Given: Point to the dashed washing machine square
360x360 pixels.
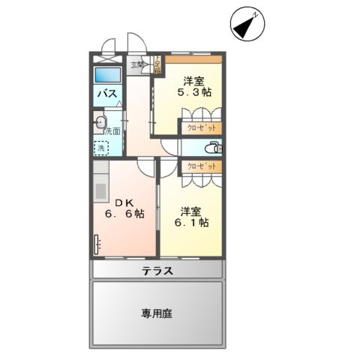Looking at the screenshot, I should pyautogui.click(x=100, y=148).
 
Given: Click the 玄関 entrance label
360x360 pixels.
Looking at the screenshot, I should pyautogui.click(x=137, y=65).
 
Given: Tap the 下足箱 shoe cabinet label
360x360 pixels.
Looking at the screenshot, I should pyautogui.click(x=157, y=64).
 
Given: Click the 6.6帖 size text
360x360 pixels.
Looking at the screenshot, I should pyautogui.click(x=124, y=213).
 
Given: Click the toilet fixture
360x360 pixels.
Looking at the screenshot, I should pyautogui.click(x=212, y=146).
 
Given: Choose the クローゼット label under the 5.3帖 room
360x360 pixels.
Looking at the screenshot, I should pyautogui.click(x=199, y=128).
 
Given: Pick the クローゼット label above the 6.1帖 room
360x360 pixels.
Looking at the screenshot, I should pyautogui.click(x=199, y=166).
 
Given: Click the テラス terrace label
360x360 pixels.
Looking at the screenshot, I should pyautogui.click(x=158, y=271).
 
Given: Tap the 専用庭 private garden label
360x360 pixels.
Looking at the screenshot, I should pyautogui.click(x=157, y=314).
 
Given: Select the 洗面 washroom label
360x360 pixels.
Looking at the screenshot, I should pyautogui.click(x=112, y=131).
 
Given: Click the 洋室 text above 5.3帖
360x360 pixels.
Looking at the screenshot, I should pyautogui.click(x=193, y=80).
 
